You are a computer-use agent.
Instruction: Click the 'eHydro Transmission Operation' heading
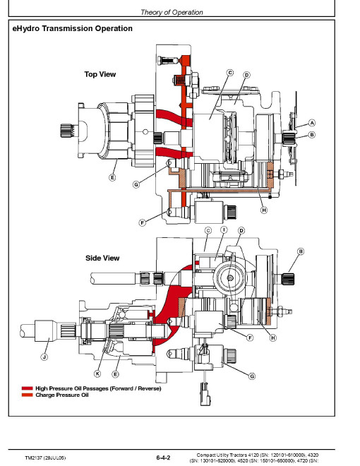coord(72,28)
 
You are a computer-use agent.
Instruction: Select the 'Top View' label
coord(100,74)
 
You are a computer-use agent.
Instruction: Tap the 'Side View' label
coord(102,258)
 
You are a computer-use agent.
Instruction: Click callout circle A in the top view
coord(311,123)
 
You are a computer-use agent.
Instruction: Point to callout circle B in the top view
coord(311,135)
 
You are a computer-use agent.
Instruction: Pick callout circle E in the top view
coord(112,178)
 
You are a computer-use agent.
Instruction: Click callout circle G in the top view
coord(136,184)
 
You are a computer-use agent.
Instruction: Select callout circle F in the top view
coord(143,222)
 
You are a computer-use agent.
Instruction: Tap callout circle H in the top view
coord(264,210)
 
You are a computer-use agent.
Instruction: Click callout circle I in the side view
coord(224,229)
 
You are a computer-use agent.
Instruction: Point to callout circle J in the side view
coord(44,357)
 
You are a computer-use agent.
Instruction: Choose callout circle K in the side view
coord(97,374)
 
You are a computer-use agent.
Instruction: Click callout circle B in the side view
coord(301,251)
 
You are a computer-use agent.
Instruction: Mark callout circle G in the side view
coord(252,376)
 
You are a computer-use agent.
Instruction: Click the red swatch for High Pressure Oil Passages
coord(27,388)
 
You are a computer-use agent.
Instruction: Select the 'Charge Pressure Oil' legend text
coord(62,395)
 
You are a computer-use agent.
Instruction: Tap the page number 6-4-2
coord(163,458)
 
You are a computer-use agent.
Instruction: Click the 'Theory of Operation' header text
coord(172,12)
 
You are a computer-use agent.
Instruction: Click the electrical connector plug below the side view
coord(205,395)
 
